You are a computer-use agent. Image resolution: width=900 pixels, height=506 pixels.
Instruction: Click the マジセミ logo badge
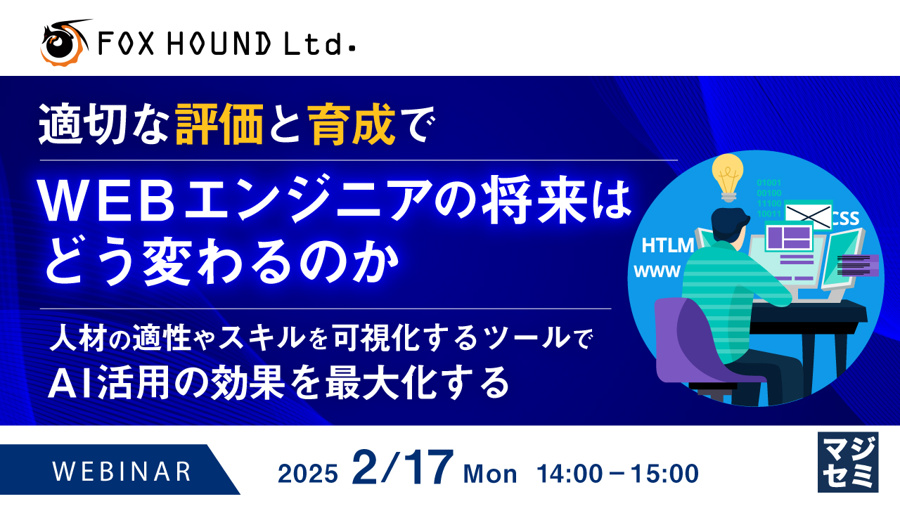pyautogui.click(x=848, y=461)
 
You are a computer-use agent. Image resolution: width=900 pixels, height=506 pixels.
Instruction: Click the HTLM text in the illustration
pyautogui.click(x=668, y=245)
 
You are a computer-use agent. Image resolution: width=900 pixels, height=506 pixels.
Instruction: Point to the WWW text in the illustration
pyautogui.click(x=657, y=271)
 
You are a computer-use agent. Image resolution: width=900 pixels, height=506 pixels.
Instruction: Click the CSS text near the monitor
pyautogui.click(x=845, y=219)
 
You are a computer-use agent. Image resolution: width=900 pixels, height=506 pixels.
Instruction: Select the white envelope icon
pyautogui.click(x=808, y=213)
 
